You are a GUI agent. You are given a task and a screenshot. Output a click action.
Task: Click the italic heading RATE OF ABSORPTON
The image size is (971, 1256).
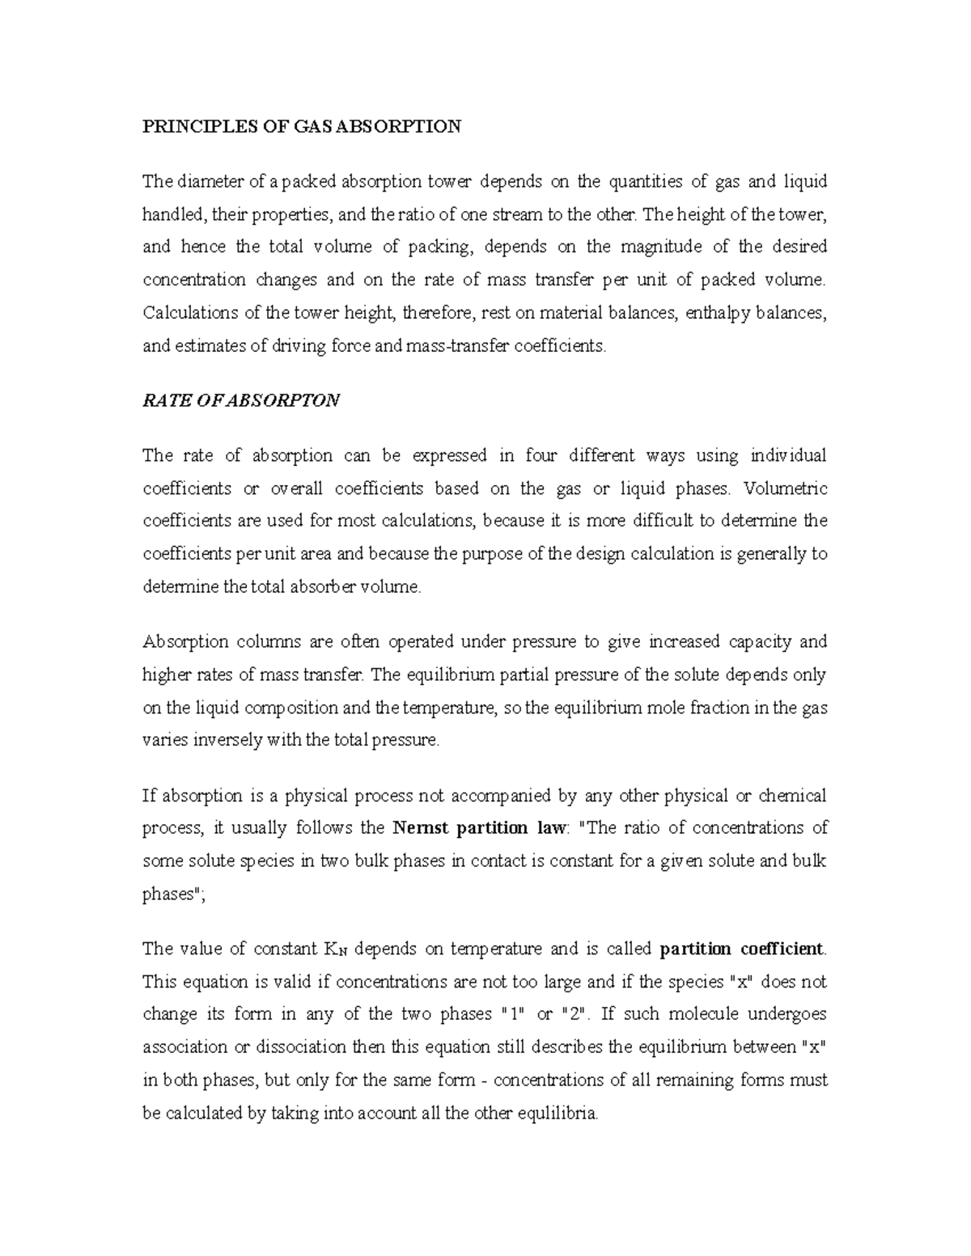coord(241,400)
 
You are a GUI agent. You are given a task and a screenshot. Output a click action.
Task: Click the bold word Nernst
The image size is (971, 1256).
coord(420,828)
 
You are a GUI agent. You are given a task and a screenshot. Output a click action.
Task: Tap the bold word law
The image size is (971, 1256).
coord(553,828)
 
